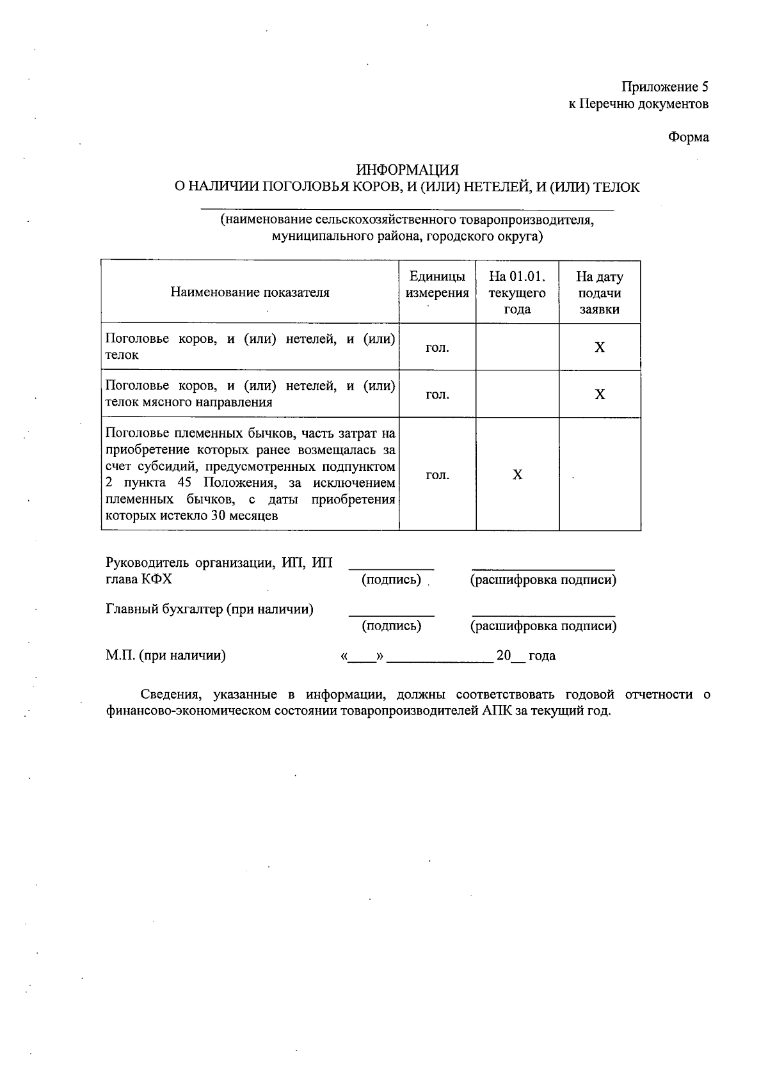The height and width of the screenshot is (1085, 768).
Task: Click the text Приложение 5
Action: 665,87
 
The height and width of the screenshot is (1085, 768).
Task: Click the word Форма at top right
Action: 689,137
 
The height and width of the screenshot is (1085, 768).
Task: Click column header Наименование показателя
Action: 250,293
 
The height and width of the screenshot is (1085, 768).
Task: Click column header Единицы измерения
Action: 437,285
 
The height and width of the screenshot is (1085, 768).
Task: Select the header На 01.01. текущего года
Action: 517,293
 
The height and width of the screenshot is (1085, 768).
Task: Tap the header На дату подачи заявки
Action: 600,293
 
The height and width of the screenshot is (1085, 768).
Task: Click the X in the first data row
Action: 600,347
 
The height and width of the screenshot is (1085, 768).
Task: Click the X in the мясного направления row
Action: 600,394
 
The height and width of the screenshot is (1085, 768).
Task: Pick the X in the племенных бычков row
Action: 518,475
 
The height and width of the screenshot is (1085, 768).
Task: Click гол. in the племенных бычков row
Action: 437,475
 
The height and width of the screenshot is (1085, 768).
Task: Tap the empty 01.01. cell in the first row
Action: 517,347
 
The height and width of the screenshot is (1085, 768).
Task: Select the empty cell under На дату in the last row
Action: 600,475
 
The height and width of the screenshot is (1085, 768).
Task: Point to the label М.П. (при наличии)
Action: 165,656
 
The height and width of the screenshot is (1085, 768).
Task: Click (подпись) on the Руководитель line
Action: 391,580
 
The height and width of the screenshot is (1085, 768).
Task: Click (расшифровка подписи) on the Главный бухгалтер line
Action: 543,626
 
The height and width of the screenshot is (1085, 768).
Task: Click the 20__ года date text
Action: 526,656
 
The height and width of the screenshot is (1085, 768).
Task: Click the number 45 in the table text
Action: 184,483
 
